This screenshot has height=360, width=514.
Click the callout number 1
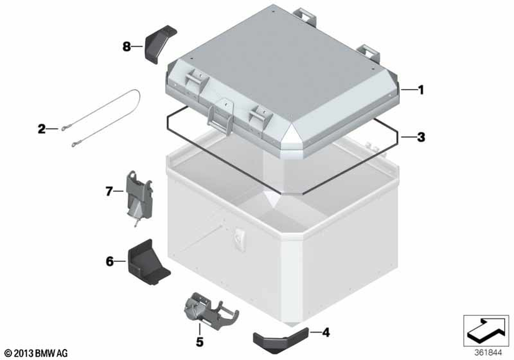tap(420, 89)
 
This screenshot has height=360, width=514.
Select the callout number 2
tap(41, 129)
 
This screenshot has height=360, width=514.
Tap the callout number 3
tap(420, 137)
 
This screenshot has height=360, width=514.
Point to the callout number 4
tap(325, 332)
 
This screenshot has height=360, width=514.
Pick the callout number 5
tap(199, 342)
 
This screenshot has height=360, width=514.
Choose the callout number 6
tap(109, 261)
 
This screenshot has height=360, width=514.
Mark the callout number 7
tap(109, 191)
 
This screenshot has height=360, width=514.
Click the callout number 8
tap(126, 47)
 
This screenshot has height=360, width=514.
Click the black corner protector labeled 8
tap(160, 44)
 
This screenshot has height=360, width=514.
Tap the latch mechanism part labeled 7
tap(139, 197)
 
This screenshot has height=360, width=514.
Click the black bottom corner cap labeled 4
tap(280, 340)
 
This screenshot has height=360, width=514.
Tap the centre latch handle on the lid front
tap(220, 116)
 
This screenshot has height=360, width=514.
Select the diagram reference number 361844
tap(488, 353)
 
